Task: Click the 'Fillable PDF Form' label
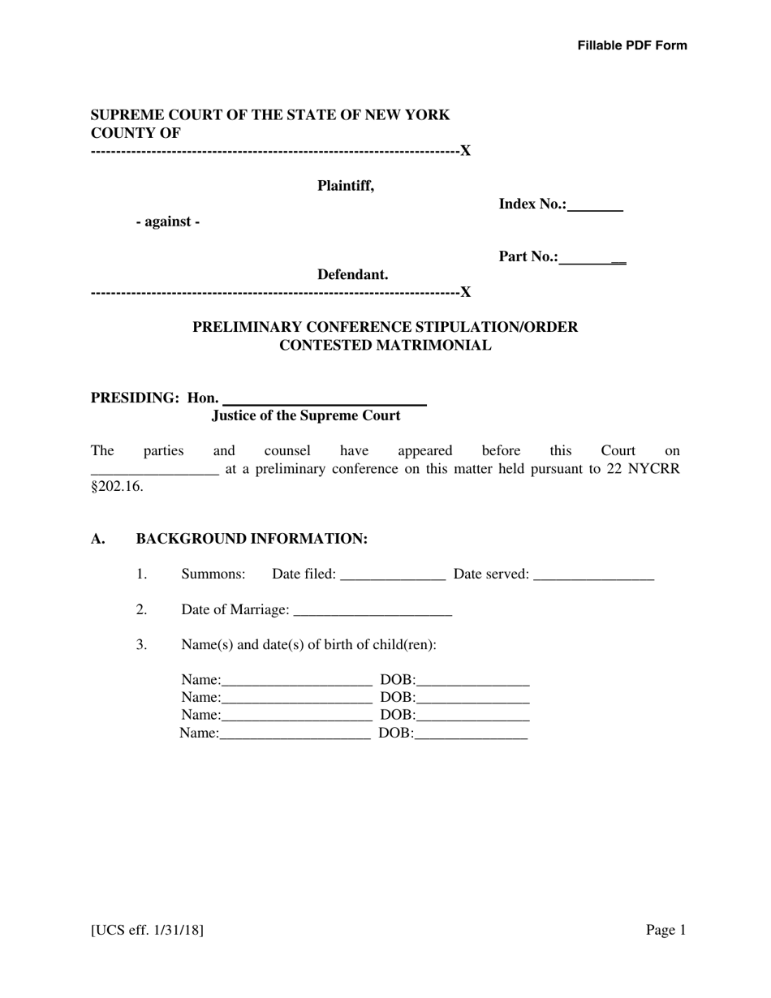click(631, 45)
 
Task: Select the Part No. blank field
click(592, 257)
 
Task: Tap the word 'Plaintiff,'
click(346, 186)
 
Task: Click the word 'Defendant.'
click(352, 274)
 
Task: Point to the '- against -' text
click(168, 222)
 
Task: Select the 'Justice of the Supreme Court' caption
click(306, 415)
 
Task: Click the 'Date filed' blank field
click(393, 574)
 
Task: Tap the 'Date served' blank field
click(594, 574)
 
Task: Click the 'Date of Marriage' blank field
click(372, 609)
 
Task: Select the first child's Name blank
click(296, 680)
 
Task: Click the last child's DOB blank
click(471, 733)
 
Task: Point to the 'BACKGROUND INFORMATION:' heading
click(252, 539)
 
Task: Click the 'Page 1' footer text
click(665, 930)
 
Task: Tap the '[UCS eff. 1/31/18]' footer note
click(147, 930)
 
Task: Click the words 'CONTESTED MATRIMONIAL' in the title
click(385, 346)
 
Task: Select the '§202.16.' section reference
click(117, 487)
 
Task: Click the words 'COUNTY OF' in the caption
click(136, 133)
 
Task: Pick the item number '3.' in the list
click(142, 644)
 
